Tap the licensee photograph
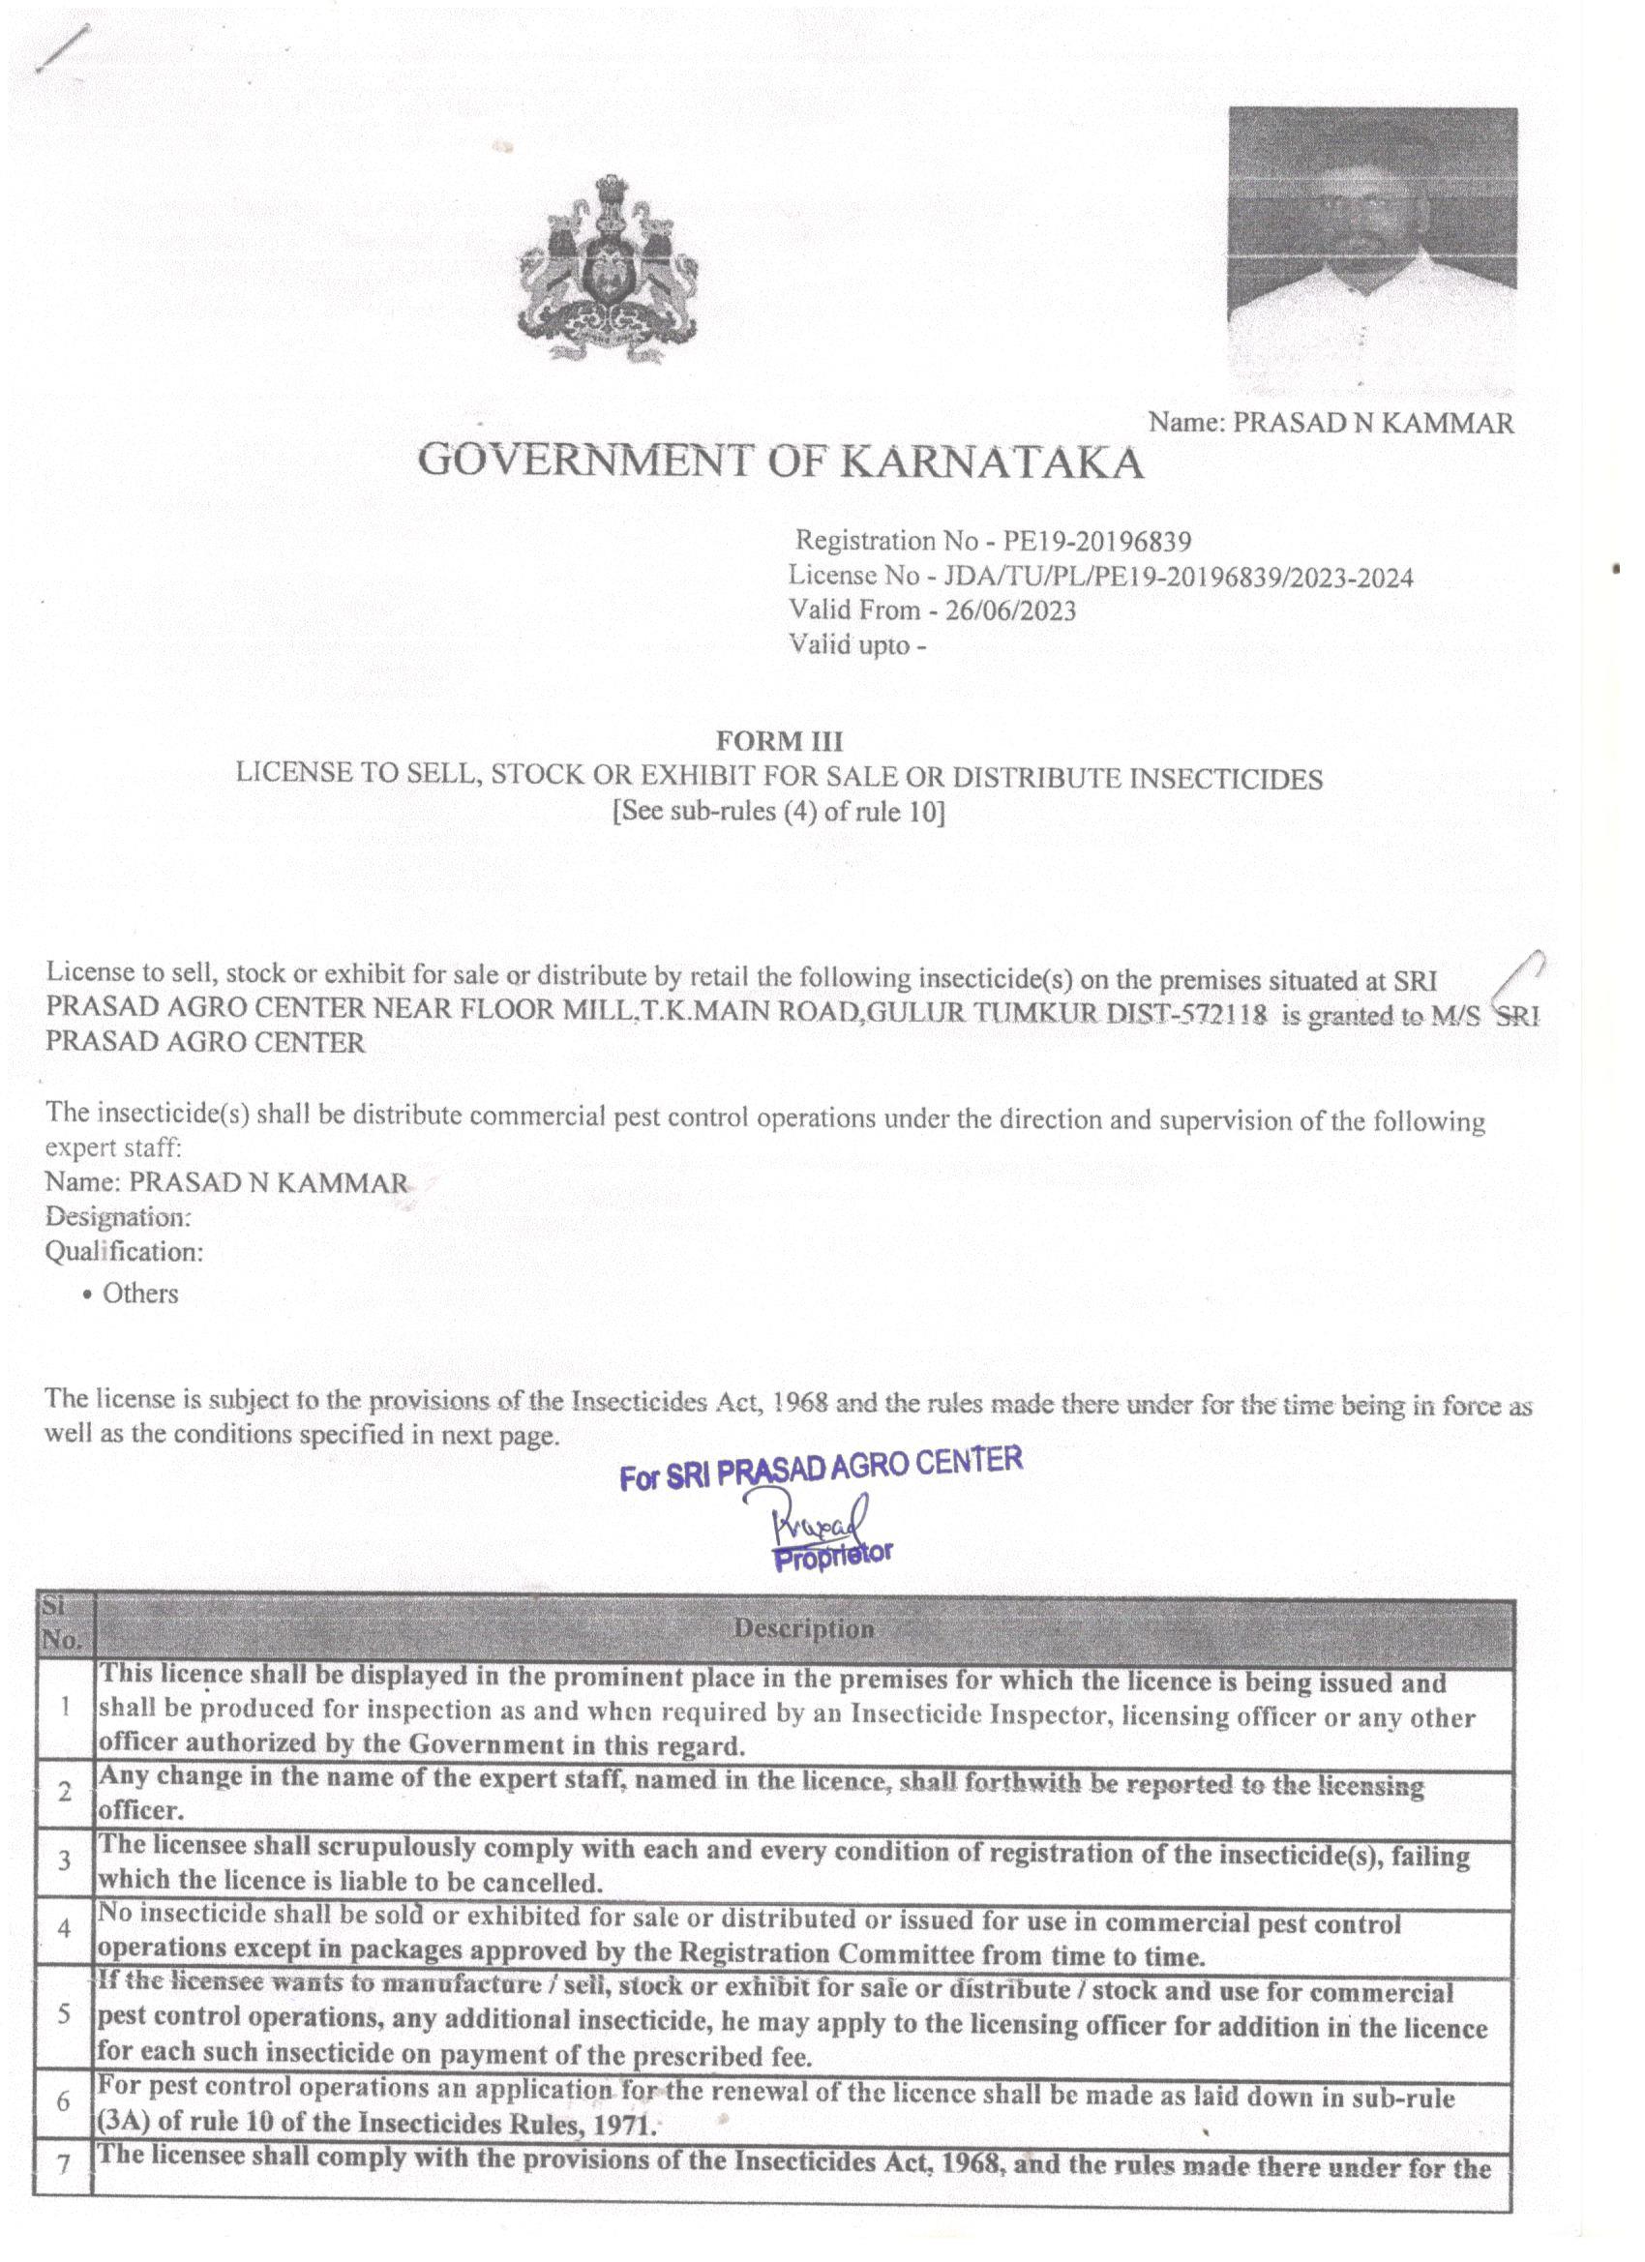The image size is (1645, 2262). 1372,250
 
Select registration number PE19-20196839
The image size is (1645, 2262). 1096,542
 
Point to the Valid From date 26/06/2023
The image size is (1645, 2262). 1010,610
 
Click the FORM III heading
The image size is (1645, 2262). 779,741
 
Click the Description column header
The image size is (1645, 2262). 804,1628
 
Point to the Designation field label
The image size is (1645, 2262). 118,1217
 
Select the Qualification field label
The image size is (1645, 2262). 124,1251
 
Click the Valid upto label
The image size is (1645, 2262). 850,645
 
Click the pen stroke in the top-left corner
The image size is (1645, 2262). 62,47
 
